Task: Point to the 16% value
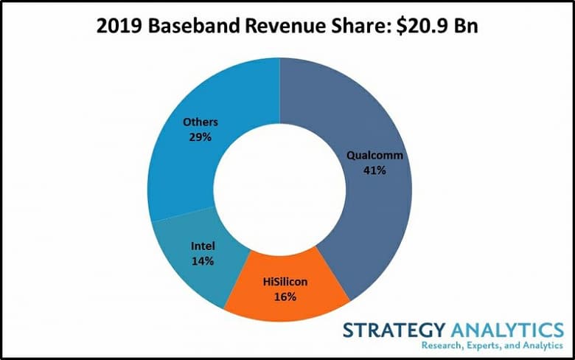click(283, 297)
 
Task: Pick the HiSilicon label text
click(283, 282)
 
